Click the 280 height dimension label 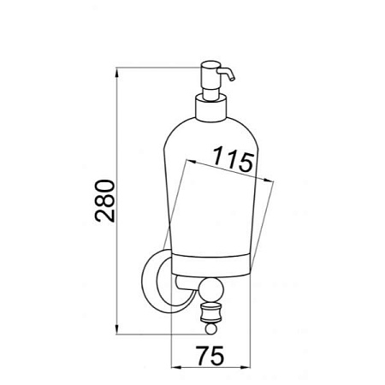104,201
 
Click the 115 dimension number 234,159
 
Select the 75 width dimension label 210,356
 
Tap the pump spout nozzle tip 233,79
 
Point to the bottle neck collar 210,108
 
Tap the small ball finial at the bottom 211,329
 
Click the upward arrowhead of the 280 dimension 116,73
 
